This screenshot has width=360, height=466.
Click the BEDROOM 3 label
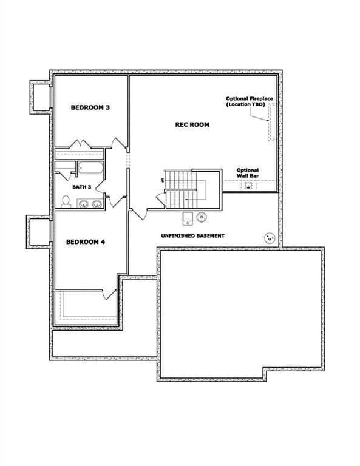coord(90,107)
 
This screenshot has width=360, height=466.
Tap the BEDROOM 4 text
coord(86,242)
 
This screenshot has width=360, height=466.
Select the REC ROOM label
coord(192,124)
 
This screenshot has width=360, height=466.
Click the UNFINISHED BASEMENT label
coord(192,235)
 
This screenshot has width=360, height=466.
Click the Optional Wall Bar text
coord(248,173)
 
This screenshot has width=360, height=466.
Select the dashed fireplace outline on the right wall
coord(271,122)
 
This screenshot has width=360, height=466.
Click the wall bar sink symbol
coord(248,186)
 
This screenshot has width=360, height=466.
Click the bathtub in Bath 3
coord(90,169)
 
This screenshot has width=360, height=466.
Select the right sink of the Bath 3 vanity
coord(97,204)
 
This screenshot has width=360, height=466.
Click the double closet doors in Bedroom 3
coord(81,145)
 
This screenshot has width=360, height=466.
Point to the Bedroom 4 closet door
coord(110,294)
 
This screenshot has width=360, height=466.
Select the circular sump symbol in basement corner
coord(268,238)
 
